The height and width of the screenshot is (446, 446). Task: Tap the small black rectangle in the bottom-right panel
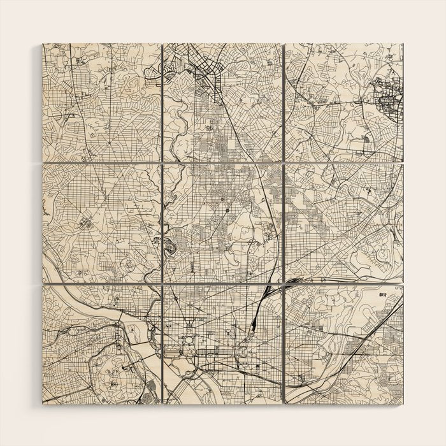[x=384, y=294]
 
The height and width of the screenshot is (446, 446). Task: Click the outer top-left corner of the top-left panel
[x=43, y=44]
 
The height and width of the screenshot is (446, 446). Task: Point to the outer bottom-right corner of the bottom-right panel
[x=403, y=403]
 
